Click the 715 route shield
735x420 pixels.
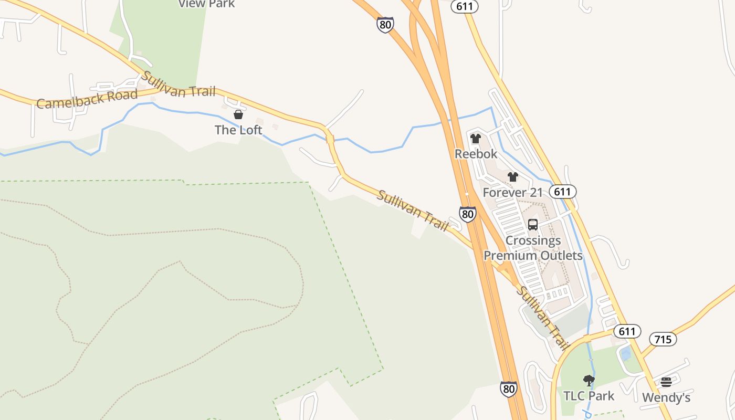pos(663,339)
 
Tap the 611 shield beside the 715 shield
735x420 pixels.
pos(627,331)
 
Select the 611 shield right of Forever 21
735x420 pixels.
pos(562,191)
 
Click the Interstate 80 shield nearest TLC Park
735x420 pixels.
pos(508,388)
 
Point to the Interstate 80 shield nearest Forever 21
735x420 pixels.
pos(467,213)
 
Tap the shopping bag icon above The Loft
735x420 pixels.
pos(238,114)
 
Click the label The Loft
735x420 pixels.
pos(238,130)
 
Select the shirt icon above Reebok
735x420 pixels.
pos(476,139)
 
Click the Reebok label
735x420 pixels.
pos(476,154)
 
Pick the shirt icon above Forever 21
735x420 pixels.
pos(513,177)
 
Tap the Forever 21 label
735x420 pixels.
pos(512,193)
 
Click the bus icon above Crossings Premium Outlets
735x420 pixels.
pos(533,225)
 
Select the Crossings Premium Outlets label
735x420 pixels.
pos(533,248)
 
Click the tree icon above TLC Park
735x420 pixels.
pos(589,380)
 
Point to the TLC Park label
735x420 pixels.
pos(589,395)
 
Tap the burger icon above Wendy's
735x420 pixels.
pos(666,382)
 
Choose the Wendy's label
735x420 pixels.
pos(666,397)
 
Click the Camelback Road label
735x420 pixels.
pos(87,99)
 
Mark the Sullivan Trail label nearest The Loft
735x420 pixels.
pos(179,85)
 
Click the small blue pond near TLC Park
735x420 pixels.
pos(626,353)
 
